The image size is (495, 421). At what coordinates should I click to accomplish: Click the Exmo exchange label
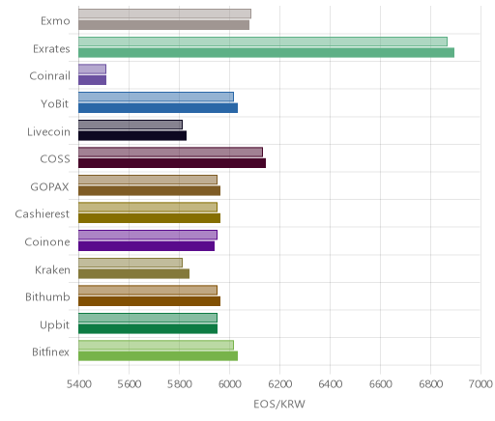(x=55, y=21)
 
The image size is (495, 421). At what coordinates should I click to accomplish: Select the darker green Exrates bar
(x=266, y=52)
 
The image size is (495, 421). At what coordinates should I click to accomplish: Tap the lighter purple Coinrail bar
(x=92, y=69)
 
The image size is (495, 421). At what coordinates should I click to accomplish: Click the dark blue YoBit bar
(x=158, y=108)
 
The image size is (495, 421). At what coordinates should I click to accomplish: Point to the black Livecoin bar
(x=132, y=135)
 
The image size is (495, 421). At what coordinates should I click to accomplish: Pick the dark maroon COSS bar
(x=172, y=163)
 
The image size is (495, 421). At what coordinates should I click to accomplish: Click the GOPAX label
(x=49, y=187)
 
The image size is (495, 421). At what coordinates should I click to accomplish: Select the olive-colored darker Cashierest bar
(x=149, y=218)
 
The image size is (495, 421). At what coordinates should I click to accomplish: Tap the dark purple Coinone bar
(x=146, y=246)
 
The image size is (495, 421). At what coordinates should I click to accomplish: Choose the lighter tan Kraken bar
(x=131, y=263)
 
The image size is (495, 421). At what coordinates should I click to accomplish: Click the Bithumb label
(x=47, y=296)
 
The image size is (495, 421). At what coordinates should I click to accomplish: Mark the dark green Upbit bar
(x=148, y=328)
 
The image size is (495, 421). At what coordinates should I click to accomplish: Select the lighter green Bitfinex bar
(x=156, y=345)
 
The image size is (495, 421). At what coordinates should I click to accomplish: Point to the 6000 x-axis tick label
(x=230, y=384)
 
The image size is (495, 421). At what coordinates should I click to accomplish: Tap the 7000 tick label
(x=480, y=384)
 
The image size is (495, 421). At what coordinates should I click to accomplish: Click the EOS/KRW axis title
(x=279, y=405)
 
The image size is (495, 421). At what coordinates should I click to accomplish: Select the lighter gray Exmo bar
(x=164, y=14)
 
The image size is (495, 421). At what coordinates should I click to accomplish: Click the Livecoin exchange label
(x=48, y=132)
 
